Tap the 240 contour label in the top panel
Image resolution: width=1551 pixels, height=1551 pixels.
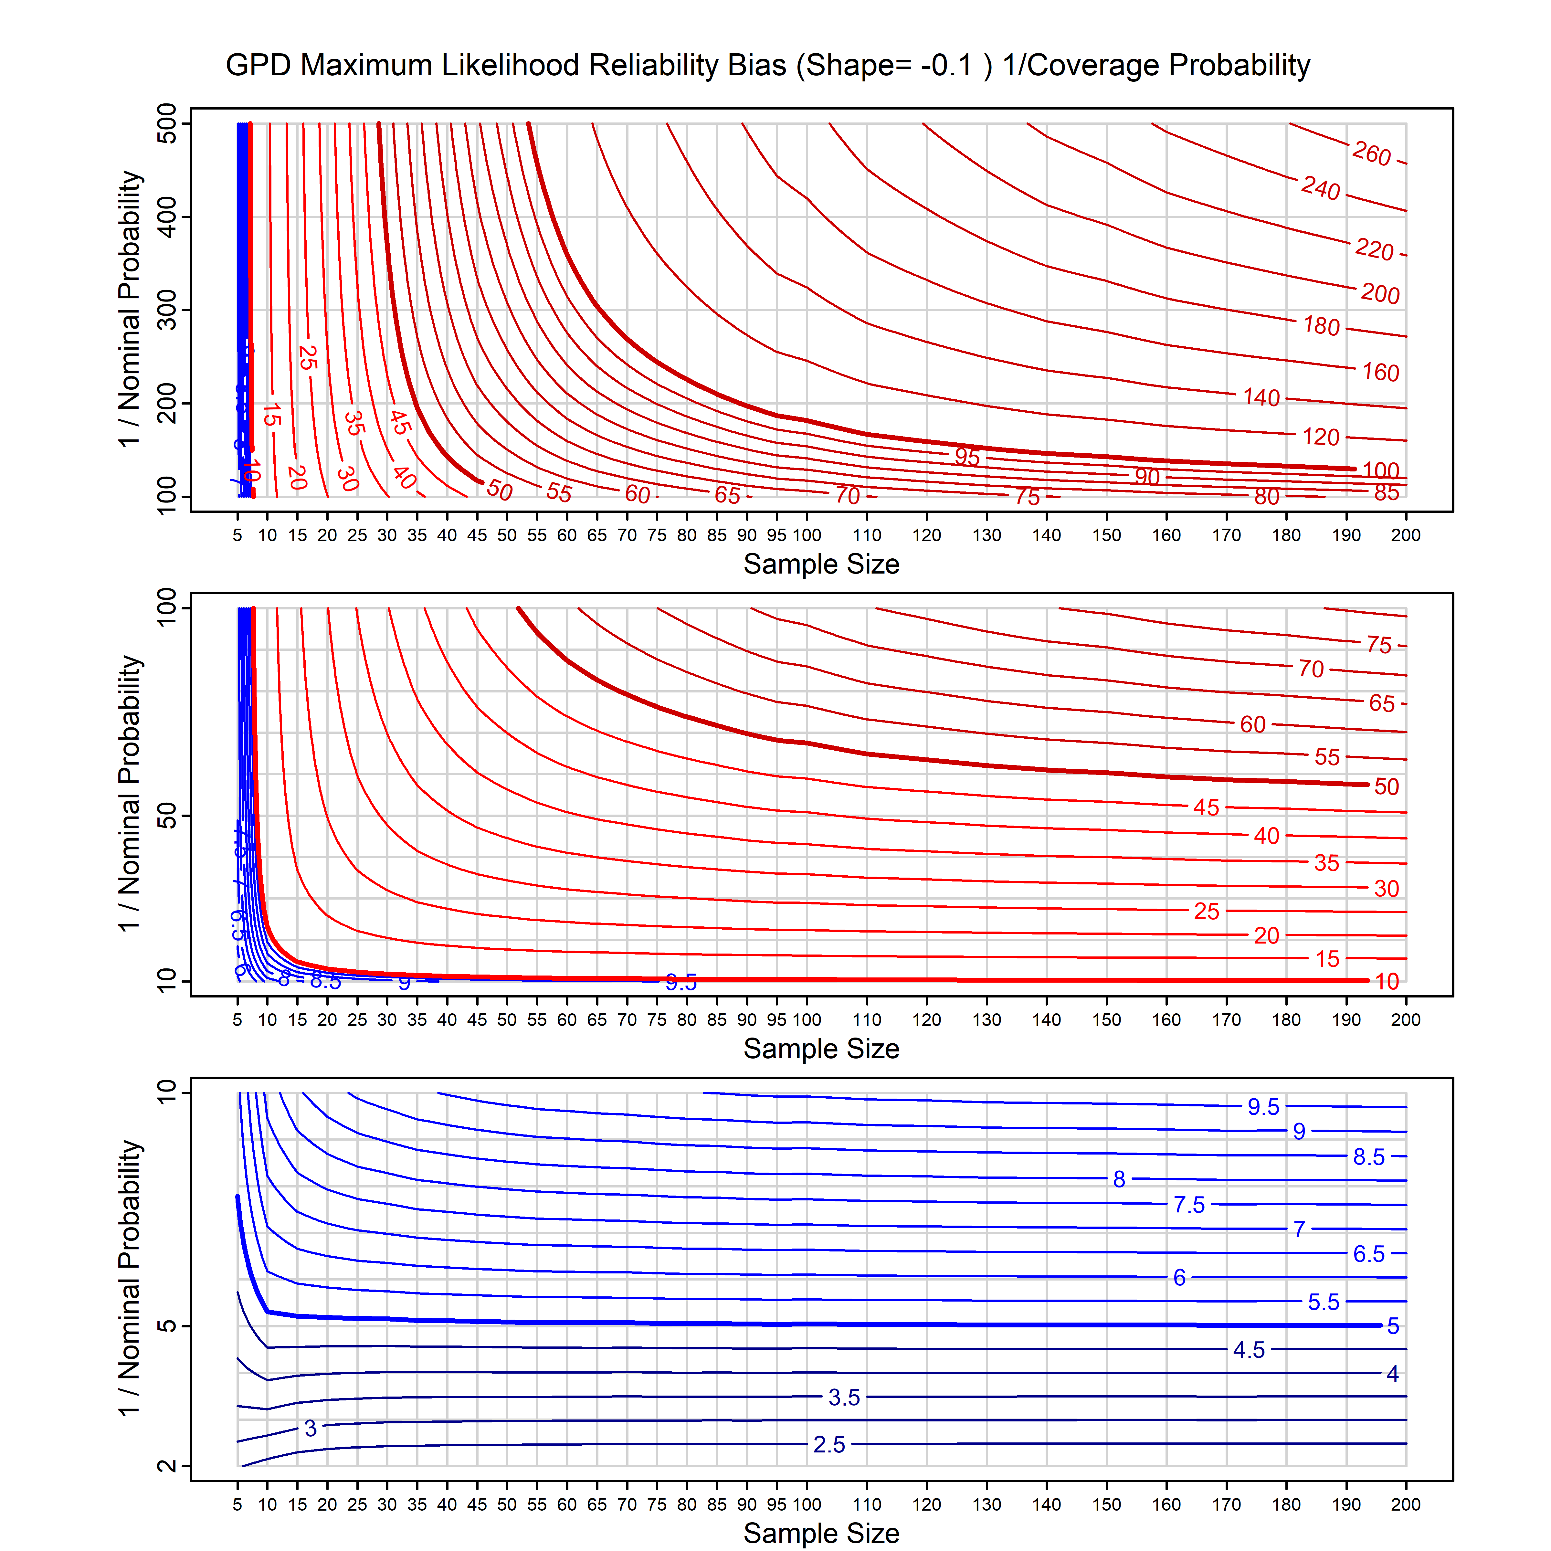point(1321,189)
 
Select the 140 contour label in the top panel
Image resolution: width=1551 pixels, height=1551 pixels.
point(1261,397)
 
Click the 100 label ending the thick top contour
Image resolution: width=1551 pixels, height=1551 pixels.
point(1381,470)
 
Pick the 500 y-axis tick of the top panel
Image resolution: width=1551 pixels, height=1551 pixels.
point(167,124)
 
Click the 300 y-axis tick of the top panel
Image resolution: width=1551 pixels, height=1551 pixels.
point(167,310)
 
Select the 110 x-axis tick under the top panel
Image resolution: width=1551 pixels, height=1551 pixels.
point(867,535)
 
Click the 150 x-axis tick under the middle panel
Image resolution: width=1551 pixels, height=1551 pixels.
point(1106,1020)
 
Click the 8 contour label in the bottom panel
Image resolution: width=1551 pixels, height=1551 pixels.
point(1119,1179)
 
